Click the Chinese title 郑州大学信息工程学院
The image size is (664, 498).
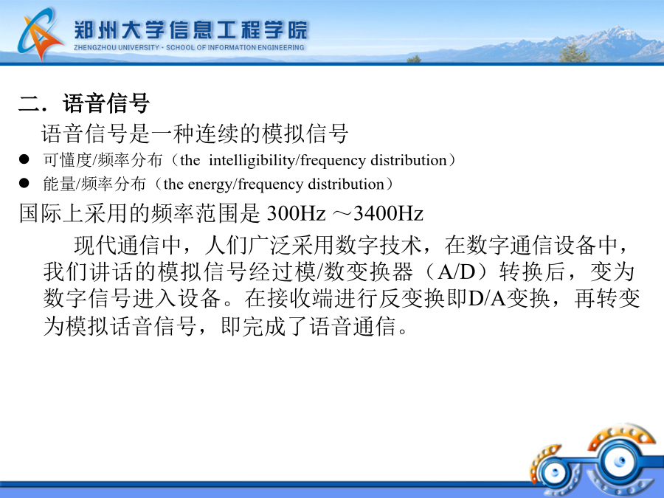pos(190,30)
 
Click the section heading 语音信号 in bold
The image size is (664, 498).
pos(106,103)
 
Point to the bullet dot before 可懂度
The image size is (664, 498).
pos(24,159)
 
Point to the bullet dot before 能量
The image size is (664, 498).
pos(24,183)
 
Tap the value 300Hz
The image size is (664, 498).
pos(296,213)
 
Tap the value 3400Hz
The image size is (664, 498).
pos(388,213)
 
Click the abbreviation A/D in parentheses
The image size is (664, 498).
pos(457,272)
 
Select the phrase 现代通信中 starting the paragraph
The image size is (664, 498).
pos(128,245)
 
